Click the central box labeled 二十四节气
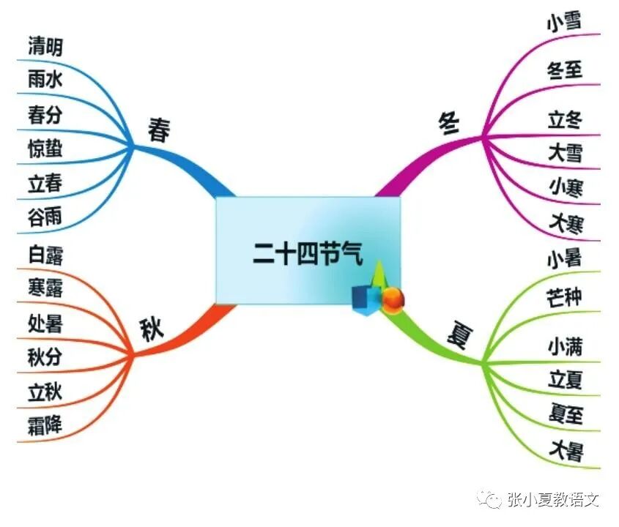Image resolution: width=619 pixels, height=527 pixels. pyautogui.click(x=308, y=250)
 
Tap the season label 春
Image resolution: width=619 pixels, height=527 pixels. pyautogui.click(x=159, y=130)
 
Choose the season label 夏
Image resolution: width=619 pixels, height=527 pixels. pyautogui.click(x=461, y=336)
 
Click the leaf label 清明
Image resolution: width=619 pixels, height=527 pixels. pyautogui.click(x=45, y=48)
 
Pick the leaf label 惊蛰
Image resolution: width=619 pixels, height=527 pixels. pyautogui.click(x=45, y=149)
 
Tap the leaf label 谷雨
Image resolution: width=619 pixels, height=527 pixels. pyautogui.click(x=45, y=217)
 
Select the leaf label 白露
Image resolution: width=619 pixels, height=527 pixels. pyautogui.click(x=45, y=255)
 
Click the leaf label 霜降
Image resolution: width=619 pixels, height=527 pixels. pyautogui.click(x=45, y=424)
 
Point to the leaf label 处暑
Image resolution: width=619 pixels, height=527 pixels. pyautogui.click(x=45, y=323)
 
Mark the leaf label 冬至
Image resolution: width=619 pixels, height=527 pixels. pyautogui.click(x=565, y=71)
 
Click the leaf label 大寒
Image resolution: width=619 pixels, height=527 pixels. pyautogui.click(x=566, y=222)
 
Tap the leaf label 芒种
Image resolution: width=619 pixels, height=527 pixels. pyautogui.click(x=565, y=298)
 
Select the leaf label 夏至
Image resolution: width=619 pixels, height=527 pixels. pyautogui.click(x=566, y=414)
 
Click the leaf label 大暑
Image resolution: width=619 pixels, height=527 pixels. pyautogui.click(x=566, y=449)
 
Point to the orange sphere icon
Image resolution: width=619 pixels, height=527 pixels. pyautogui.click(x=394, y=297)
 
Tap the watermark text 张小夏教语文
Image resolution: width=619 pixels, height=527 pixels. pyautogui.click(x=553, y=500)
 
